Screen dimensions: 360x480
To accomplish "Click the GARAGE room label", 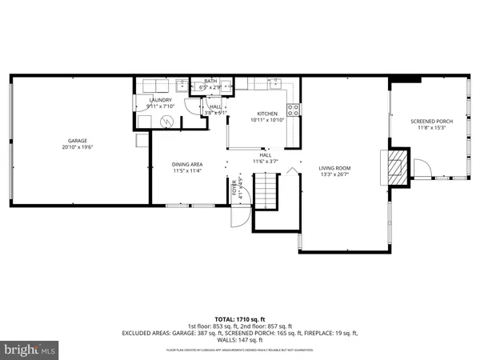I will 78,142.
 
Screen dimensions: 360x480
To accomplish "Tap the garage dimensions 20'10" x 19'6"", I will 78,147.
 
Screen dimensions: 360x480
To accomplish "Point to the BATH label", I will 210,81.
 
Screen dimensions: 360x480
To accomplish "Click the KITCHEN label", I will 266,114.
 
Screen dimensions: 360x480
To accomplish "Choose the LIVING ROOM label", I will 335,168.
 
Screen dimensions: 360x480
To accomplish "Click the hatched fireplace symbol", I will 397,166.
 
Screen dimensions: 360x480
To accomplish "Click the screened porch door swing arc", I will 423,168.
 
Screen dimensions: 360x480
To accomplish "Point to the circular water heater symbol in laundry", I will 167,121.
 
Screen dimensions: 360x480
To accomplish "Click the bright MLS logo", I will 30,350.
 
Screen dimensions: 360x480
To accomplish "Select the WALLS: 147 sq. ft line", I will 239,339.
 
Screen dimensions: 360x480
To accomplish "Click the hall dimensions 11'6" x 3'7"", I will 264,162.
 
